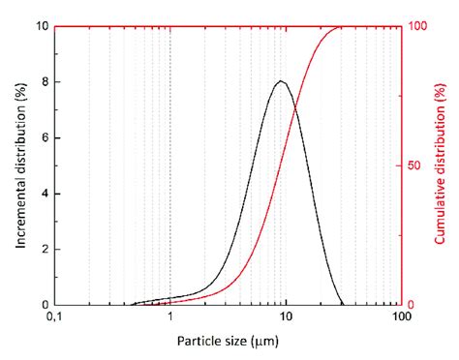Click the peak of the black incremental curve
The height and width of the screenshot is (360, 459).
pos(281,81)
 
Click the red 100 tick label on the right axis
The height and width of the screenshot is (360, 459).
pos(416,26)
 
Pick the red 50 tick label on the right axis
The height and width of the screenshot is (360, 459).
pos(413,165)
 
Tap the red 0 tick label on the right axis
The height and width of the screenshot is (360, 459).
pos(410,305)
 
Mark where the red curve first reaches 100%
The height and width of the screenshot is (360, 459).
pos(339,27)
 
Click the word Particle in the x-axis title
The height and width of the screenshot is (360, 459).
pos(199,341)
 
